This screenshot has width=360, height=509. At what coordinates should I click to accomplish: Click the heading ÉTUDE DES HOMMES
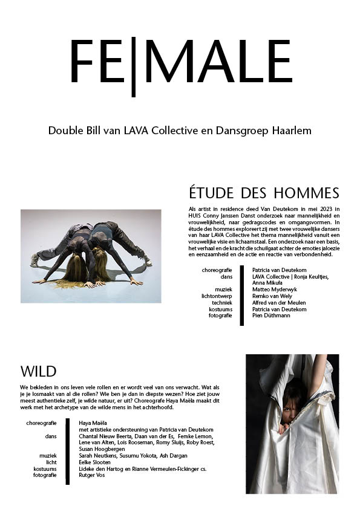(264, 193)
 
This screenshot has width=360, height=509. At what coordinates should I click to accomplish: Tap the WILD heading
(38, 371)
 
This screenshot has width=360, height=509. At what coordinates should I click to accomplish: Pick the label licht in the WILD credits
(51, 462)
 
